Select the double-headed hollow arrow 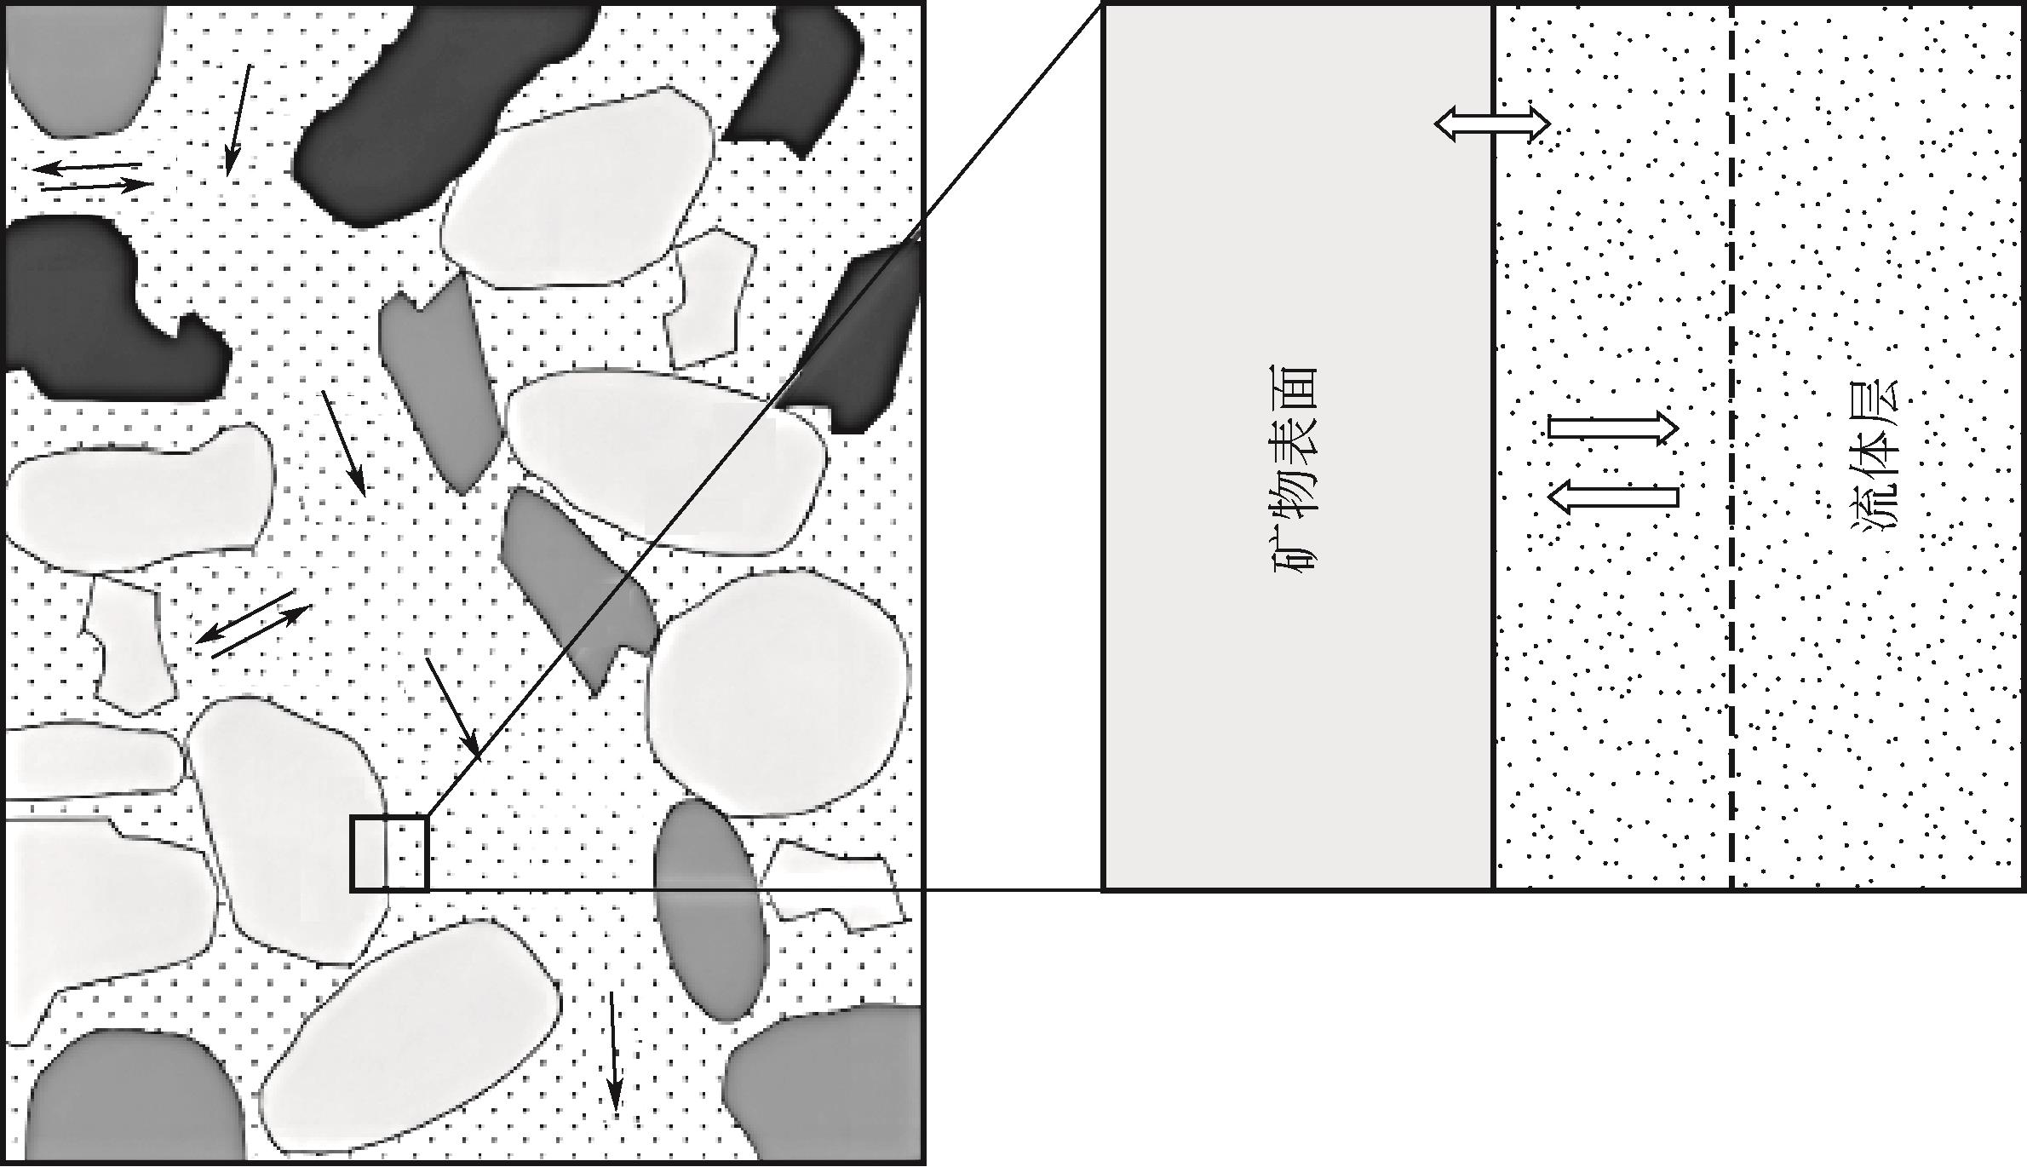tap(1492, 124)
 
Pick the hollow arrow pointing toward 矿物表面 tap(1612, 497)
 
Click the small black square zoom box tap(389, 854)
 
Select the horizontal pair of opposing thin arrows tap(93, 175)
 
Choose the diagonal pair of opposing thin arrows tap(254, 624)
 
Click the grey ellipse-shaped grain tap(710, 910)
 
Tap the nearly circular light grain tap(778, 693)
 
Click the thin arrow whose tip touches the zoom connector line tap(453, 708)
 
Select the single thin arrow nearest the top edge tap(238, 120)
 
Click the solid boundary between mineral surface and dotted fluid tap(1494, 446)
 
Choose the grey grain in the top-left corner tap(81, 68)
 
